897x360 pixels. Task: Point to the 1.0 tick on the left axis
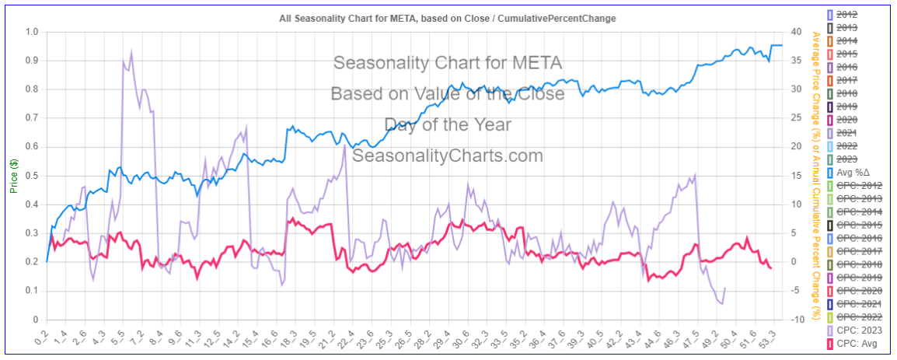32,32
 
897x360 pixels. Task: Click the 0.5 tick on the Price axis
32,176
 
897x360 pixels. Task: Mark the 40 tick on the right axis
796,32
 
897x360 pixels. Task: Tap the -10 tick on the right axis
796,320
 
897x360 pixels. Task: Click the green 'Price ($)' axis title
14,176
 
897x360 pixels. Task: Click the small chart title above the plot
448,18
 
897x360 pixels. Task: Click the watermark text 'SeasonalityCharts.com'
448,156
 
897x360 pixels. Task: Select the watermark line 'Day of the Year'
448,124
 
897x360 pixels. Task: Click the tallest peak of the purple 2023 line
131,51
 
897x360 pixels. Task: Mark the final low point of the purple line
721,303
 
